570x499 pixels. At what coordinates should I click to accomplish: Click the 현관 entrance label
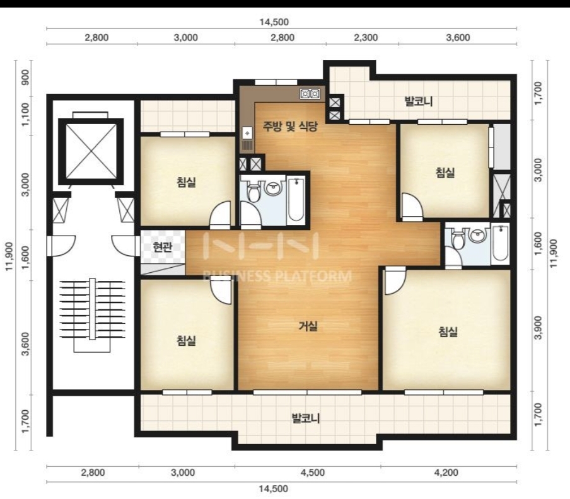[163, 248]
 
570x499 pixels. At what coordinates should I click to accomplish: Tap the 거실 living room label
[308, 326]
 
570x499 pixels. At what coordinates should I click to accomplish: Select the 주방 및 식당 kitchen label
[290, 126]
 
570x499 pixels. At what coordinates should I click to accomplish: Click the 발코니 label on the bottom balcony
[306, 418]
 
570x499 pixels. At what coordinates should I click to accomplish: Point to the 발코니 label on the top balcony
[419, 101]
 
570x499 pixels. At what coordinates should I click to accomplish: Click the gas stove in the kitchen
[310, 94]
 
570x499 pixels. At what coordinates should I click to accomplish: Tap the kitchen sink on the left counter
[247, 139]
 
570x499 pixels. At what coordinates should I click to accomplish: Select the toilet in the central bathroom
[253, 191]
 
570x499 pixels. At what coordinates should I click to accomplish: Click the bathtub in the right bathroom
[500, 244]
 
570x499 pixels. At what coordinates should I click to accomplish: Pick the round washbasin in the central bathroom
[274, 188]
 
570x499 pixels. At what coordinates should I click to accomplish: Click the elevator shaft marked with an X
[91, 149]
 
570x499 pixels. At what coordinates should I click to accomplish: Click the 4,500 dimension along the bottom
[313, 472]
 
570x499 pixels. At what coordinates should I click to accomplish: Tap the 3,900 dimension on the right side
[539, 327]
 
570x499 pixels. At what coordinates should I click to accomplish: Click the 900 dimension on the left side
[25, 77]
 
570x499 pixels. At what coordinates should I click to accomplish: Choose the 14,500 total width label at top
[274, 22]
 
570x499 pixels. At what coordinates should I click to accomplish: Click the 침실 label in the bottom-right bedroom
[448, 331]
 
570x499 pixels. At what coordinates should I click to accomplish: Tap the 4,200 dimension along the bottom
[446, 472]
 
